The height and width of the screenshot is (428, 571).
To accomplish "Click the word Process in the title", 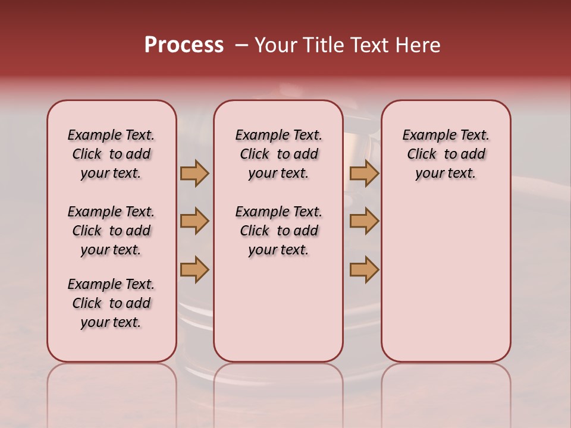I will pyautogui.click(x=184, y=45).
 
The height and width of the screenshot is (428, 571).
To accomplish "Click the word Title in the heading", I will pyautogui.click(x=321, y=45).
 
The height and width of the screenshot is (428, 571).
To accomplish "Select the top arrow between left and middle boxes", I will pyautogui.click(x=194, y=173).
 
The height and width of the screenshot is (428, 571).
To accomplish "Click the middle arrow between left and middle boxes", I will pyautogui.click(x=194, y=221).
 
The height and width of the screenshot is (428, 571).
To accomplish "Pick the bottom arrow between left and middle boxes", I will pyautogui.click(x=194, y=269).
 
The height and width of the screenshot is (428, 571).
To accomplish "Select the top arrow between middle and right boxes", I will pyautogui.click(x=364, y=173).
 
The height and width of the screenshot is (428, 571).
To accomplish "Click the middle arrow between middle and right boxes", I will pyautogui.click(x=364, y=221).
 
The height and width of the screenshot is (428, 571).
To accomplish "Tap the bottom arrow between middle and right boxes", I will pyautogui.click(x=364, y=269).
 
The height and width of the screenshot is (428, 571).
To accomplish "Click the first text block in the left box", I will pyautogui.click(x=111, y=154).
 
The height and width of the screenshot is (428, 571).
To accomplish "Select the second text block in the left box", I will pyautogui.click(x=111, y=231).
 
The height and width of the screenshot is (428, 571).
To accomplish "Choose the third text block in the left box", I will pyautogui.click(x=111, y=303).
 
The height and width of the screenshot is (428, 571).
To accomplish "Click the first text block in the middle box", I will pyautogui.click(x=278, y=154).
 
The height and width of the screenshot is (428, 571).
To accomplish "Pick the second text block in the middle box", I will pyautogui.click(x=278, y=231).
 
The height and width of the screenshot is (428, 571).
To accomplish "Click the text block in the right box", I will pyautogui.click(x=446, y=154).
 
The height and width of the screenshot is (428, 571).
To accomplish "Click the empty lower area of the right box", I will pyautogui.click(x=446, y=279).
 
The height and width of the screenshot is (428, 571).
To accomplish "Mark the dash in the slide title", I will pyautogui.click(x=241, y=45).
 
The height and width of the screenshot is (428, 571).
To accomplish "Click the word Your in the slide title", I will pyautogui.click(x=275, y=45).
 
